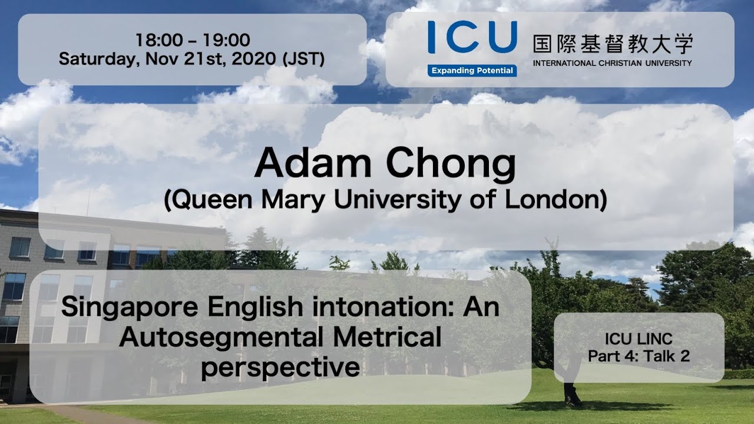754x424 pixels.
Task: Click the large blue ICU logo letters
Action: click(x=472, y=37)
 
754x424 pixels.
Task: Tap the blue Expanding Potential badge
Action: click(x=472, y=71)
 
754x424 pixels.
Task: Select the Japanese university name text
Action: click(x=613, y=44)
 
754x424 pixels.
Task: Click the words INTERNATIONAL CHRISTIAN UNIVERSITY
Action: click(x=613, y=63)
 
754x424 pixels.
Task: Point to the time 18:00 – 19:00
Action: click(x=193, y=40)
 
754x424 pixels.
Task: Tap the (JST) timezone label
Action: click(x=303, y=59)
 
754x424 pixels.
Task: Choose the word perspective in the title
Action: click(x=280, y=367)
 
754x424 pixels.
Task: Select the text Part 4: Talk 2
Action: click(x=639, y=356)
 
